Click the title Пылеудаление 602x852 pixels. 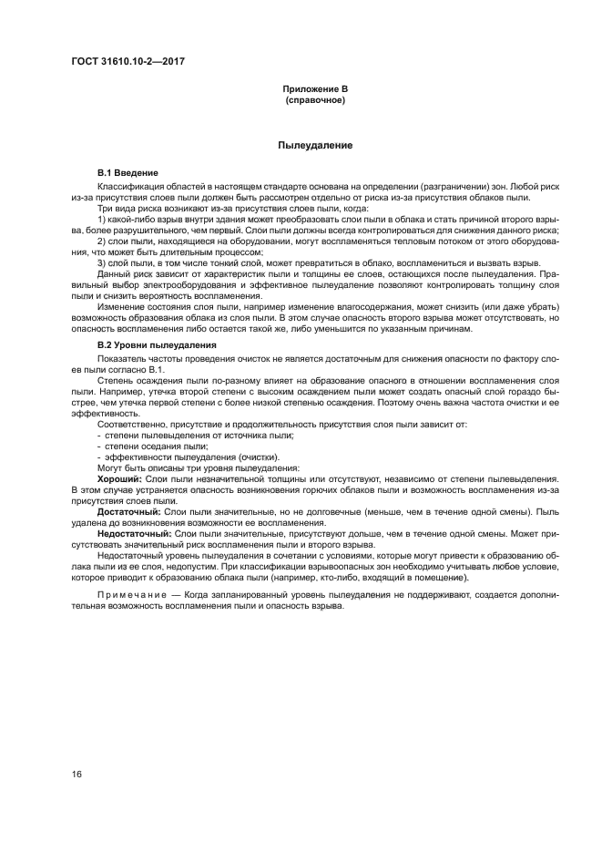point(314,146)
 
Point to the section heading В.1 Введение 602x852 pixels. point(128,173)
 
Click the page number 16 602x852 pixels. point(77,774)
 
